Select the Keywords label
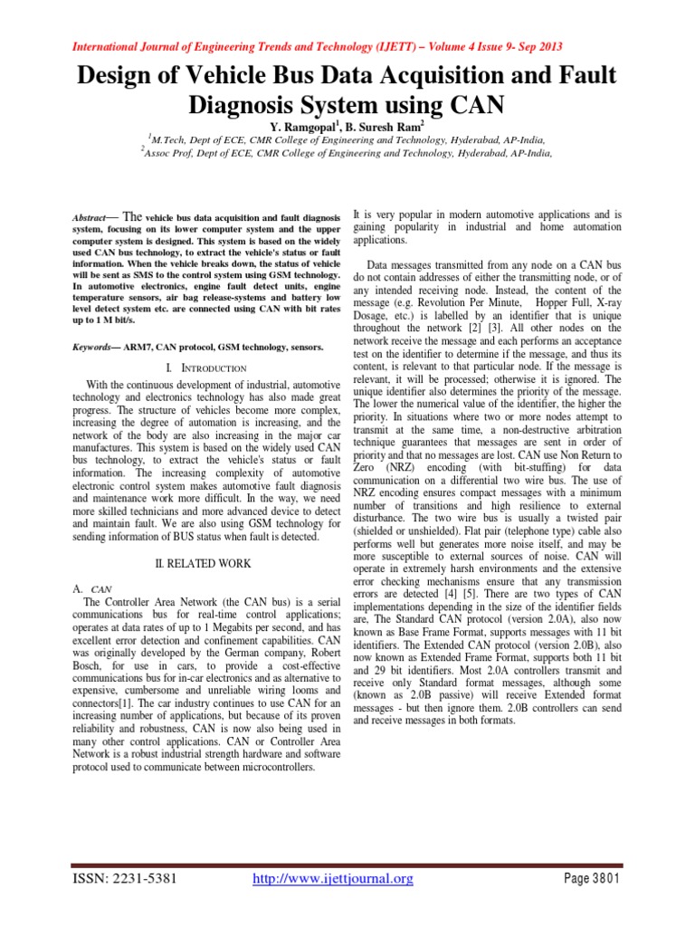pyautogui.click(x=93, y=347)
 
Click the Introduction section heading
pyautogui.click(x=214, y=368)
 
